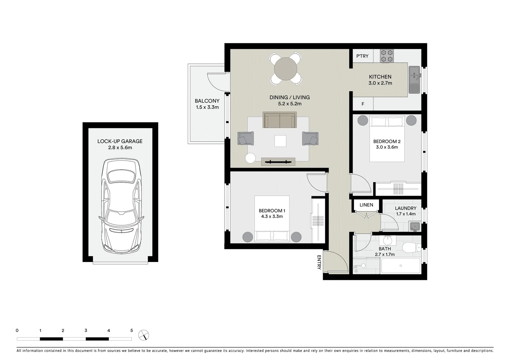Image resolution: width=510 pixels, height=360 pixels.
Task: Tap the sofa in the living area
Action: tap(280, 120)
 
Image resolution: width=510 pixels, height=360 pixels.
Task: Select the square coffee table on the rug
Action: tap(280, 141)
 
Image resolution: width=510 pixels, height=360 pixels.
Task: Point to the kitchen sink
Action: tap(414, 80)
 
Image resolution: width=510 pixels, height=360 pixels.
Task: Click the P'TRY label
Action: tap(362, 56)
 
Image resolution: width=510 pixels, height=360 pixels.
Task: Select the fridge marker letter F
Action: tap(363, 104)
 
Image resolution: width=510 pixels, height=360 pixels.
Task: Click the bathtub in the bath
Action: tap(400, 266)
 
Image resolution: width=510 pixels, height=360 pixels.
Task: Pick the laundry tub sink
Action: tap(415, 227)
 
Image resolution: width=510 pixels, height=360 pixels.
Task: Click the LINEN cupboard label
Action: tap(366, 205)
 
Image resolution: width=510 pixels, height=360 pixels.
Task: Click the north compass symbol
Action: tap(144, 335)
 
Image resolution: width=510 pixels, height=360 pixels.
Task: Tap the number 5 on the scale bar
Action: tap(132, 331)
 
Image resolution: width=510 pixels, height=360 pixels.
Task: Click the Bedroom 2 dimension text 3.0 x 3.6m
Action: tap(387, 147)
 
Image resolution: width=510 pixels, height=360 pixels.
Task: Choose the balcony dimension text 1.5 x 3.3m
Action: tap(207, 107)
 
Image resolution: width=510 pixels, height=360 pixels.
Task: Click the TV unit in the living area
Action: tap(278, 162)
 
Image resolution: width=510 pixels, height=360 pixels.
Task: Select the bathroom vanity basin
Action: tap(388, 240)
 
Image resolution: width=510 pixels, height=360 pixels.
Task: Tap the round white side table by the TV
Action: tap(250, 158)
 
